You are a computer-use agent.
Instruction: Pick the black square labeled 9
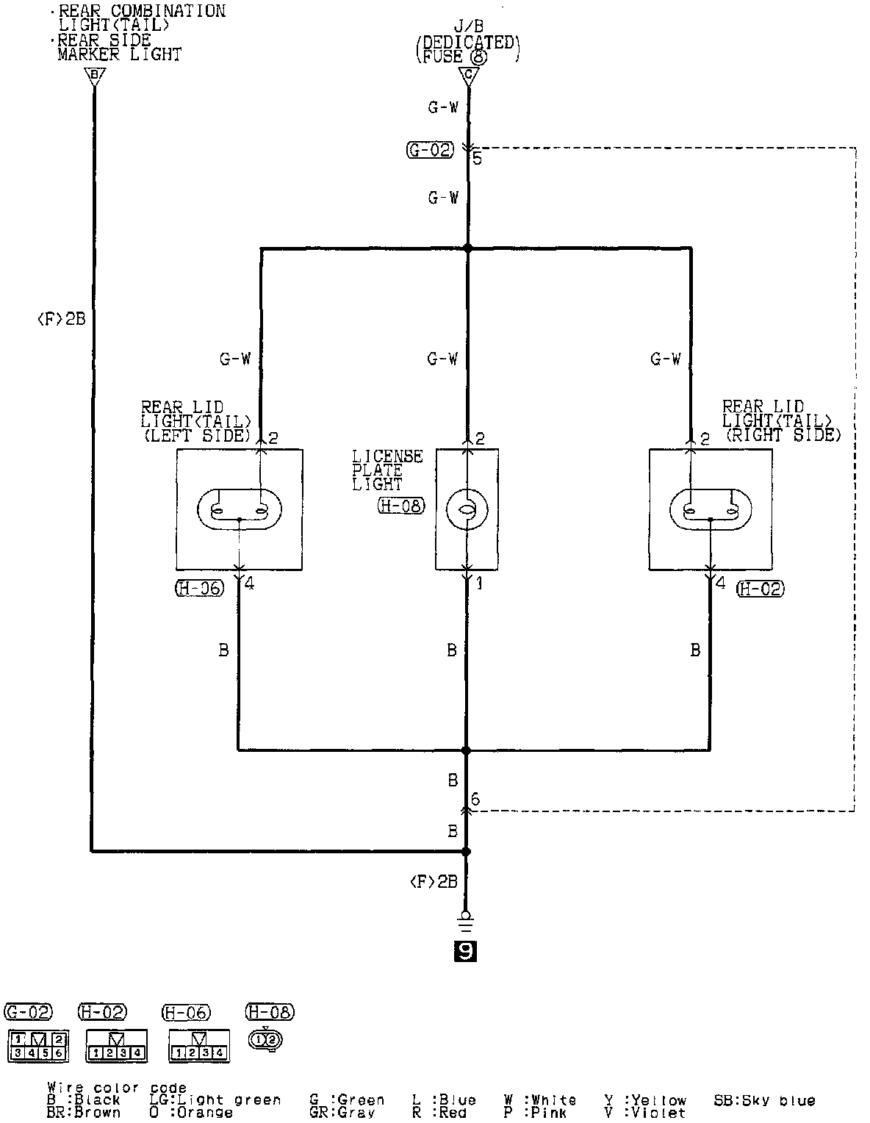pyautogui.click(x=466, y=952)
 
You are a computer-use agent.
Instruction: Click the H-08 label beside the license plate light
pyautogui.click(x=401, y=506)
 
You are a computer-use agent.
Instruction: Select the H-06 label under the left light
pyautogui.click(x=199, y=588)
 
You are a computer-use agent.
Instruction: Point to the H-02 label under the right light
pyautogui.click(x=760, y=588)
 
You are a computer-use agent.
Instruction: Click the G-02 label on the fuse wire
pyautogui.click(x=430, y=151)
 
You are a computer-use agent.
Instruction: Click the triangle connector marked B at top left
pyautogui.click(x=94, y=75)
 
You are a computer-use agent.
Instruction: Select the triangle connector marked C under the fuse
pyautogui.click(x=467, y=75)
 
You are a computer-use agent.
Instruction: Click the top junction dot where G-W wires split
pyautogui.click(x=468, y=248)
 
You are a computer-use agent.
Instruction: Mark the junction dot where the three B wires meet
pyautogui.click(x=465, y=750)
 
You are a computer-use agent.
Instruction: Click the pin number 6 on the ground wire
pyautogui.click(x=475, y=800)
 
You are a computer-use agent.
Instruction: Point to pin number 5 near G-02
pyautogui.click(x=478, y=158)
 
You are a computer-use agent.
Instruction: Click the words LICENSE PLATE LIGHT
pyautogui.click(x=387, y=470)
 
